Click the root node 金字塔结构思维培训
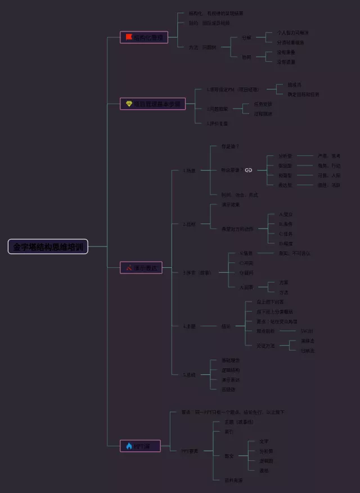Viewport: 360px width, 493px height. click(x=48, y=246)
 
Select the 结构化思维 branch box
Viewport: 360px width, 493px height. click(x=144, y=38)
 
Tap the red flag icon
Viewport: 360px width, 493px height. click(x=129, y=38)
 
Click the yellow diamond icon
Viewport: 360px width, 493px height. click(x=129, y=104)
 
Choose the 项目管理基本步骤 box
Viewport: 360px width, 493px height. click(x=152, y=104)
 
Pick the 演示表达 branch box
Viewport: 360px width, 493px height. click(x=141, y=268)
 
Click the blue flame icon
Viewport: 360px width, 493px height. click(x=129, y=446)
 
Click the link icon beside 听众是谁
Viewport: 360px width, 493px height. click(x=248, y=170)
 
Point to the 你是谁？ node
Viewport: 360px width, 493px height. click(x=230, y=146)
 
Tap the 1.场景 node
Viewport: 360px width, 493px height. click(x=189, y=171)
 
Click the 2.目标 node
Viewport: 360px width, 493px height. click(x=189, y=224)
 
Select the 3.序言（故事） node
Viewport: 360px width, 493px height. click(x=196, y=273)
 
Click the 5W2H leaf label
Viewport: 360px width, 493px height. click(x=307, y=331)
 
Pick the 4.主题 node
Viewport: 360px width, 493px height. click(x=189, y=326)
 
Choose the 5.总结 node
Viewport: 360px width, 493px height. click(x=189, y=374)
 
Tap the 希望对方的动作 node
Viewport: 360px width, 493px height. click(x=238, y=228)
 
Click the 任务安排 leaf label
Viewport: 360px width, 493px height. click(x=263, y=104)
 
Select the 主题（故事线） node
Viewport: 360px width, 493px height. click(x=238, y=422)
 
